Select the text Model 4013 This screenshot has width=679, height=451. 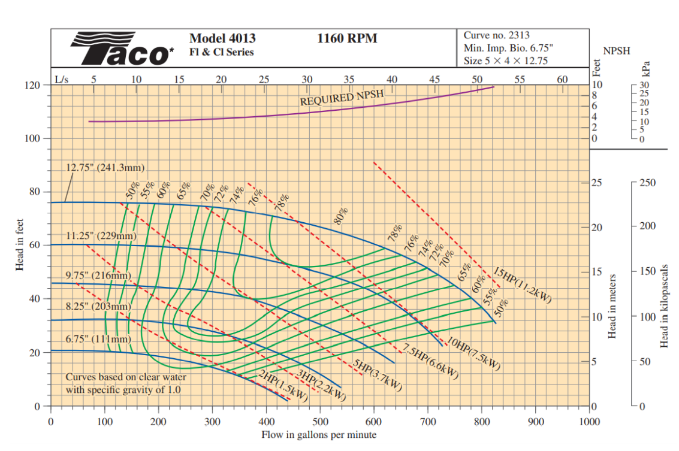222,38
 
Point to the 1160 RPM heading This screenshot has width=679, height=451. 348,38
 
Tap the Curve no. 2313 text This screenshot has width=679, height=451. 496,35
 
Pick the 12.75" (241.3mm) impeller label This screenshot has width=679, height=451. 105,167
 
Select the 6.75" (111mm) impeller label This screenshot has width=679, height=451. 98,339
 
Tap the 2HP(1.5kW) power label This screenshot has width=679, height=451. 283,386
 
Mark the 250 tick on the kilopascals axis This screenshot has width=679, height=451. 648,183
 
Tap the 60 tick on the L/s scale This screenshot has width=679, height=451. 562,78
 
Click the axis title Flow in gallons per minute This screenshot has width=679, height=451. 319,435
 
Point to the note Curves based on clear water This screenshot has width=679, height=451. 126,377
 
